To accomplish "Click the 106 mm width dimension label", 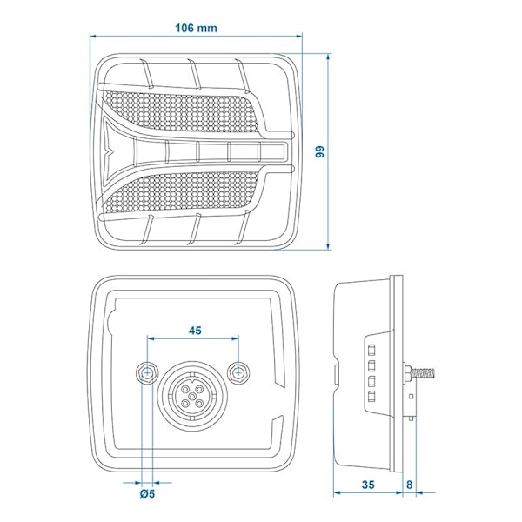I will (x=196, y=27).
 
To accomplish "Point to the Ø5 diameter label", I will (x=148, y=496).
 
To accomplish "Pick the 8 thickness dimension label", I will (x=407, y=485).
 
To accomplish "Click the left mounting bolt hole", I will (x=147, y=372).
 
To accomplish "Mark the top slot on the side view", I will (x=371, y=346).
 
